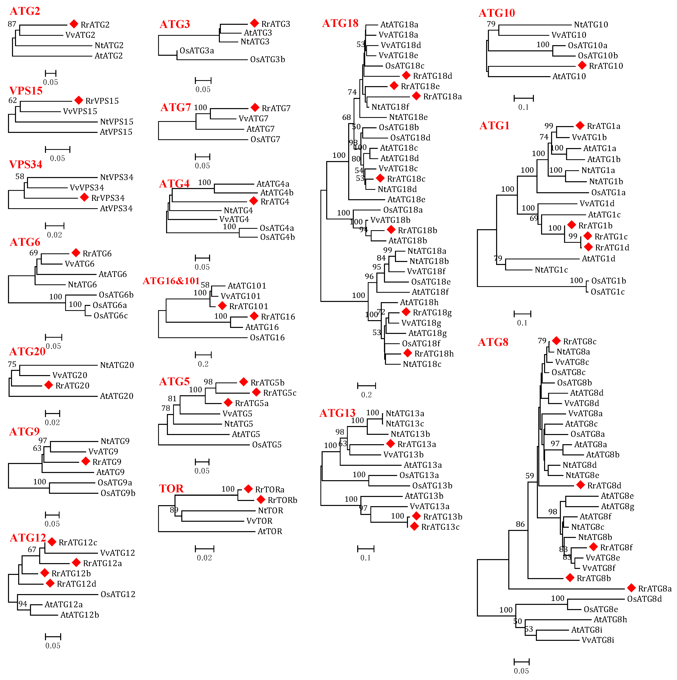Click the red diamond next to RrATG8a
coord(631,588)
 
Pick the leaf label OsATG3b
coord(268,60)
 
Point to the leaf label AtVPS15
coord(116,132)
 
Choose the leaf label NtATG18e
coord(408,117)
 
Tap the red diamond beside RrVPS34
coord(84,197)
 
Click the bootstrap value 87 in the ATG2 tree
coord(12,24)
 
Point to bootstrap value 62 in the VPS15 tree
coord(13,100)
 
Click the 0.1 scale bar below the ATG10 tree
coord(523,98)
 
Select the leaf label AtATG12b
coord(80,615)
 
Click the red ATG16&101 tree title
coord(171,281)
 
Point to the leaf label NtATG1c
coord(551,270)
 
